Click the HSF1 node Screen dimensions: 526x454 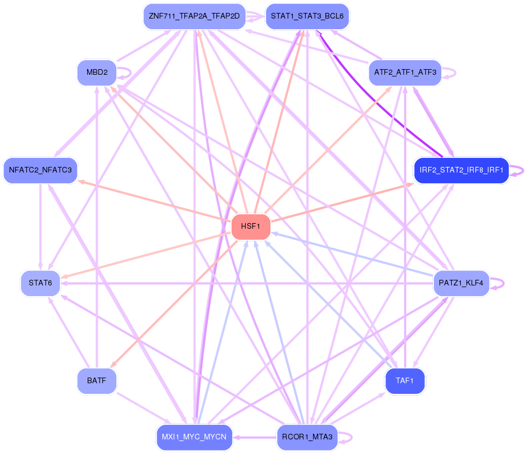[251, 226]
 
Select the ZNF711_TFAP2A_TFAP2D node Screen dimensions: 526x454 [194, 16]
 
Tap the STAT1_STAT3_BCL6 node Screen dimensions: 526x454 [307, 16]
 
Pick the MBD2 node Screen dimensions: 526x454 [97, 72]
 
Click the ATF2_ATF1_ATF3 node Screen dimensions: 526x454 [405, 72]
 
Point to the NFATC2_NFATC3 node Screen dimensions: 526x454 [40, 170]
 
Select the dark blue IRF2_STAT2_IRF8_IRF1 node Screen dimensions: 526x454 [461, 170]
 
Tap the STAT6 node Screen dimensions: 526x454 [40, 283]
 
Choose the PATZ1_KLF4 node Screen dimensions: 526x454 [461, 283]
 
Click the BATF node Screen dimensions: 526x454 [97, 380]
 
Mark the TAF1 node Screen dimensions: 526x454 [405, 380]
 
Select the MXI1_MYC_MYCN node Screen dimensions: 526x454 [194, 437]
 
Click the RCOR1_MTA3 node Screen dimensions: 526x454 [307, 437]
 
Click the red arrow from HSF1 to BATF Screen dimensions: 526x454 [174, 303]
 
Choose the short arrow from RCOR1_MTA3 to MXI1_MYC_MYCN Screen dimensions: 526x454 [255, 437]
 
